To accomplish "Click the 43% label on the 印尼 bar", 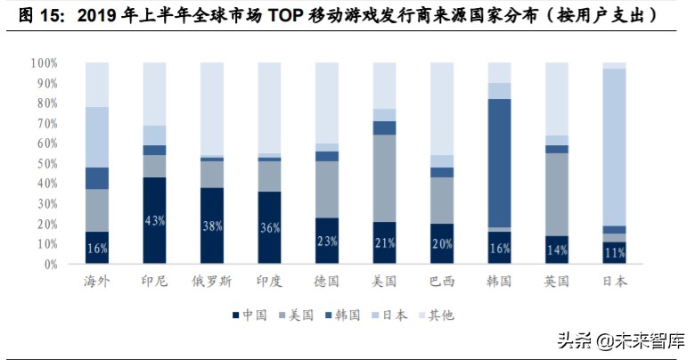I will point(155,221).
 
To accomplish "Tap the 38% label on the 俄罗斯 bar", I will point(212,225).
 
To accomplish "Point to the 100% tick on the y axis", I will point(44,63).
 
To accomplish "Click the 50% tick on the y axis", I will point(46,164).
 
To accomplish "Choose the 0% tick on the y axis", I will point(50,265).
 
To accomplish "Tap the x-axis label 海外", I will point(97,282).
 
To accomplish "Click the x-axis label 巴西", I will point(442,282).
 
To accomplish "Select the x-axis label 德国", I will point(327,282).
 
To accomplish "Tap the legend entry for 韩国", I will point(342,315).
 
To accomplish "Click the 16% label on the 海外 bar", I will point(97,249).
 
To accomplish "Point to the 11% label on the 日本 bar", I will point(614,254).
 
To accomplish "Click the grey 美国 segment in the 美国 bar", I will point(384,178).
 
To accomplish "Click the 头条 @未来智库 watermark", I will point(621,340).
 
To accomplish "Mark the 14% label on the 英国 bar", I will point(557,250).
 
